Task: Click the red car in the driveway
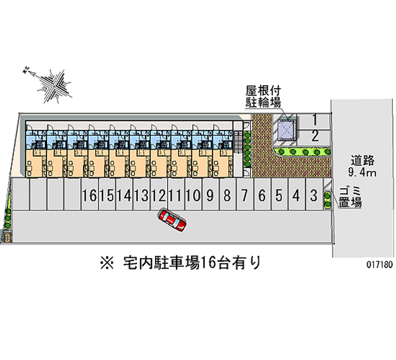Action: click(x=172, y=220)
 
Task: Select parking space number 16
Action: click(x=90, y=195)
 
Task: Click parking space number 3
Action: click(x=313, y=195)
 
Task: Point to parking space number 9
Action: click(x=210, y=195)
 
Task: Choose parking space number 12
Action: click(x=158, y=195)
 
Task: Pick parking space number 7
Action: click(x=245, y=195)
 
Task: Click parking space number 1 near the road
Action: click(x=315, y=119)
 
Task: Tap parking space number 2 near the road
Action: click(x=315, y=135)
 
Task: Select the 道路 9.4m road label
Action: click(x=364, y=166)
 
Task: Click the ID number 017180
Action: click(x=380, y=264)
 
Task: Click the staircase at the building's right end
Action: click(x=238, y=144)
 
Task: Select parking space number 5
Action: click(x=279, y=195)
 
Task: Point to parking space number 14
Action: click(x=124, y=195)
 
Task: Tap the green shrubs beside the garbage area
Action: click(x=327, y=199)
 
